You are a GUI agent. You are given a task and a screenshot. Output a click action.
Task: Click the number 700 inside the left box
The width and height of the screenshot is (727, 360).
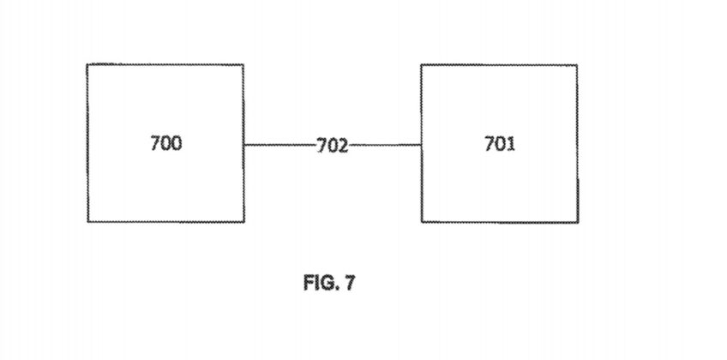pyautogui.click(x=166, y=143)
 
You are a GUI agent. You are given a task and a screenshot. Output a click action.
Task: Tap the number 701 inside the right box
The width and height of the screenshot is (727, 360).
pyautogui.click(x=500, y=143)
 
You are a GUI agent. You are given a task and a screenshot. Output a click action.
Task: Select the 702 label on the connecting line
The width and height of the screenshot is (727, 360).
pyautogui.click(x=332, y=146)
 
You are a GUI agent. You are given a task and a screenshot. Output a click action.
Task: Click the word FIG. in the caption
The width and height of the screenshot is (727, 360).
pyautogui.click(x=319, y=284)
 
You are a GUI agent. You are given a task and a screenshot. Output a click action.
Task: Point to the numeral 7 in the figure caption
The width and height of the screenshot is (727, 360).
pyautogui.click(x=349, y=284)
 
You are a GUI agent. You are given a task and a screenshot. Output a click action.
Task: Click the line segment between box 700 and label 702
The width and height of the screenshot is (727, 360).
pyautogui.click(x=279, y=145)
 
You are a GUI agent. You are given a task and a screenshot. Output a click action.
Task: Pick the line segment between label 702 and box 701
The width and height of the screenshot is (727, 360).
pyautogui.click(x=385, y=145)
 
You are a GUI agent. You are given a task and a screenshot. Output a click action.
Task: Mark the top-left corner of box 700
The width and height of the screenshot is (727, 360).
pyautogui.click(x=87, y=64)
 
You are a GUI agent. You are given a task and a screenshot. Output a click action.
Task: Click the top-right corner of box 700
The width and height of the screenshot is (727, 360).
pyautogui.click(x=243, y=64)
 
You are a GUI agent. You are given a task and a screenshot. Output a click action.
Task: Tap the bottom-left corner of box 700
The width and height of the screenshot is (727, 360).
pyautogui.click(x=87, y=222)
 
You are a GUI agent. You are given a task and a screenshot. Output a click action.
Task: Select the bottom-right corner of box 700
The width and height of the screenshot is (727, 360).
pyautogui.click(x=243, y=222)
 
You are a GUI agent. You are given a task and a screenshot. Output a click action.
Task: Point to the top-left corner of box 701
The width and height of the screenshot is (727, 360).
pyautogui.click(x=421, y=64)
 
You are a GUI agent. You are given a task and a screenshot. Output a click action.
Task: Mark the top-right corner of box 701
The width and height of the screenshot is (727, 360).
pyautogui.click(x=577, y=65)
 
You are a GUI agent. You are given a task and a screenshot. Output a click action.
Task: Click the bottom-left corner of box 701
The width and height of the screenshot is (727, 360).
pyautogui.click(x=421, y=222)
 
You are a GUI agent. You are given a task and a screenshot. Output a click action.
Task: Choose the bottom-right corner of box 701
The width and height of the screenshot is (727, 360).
pyautogui.click(x=577, y=223)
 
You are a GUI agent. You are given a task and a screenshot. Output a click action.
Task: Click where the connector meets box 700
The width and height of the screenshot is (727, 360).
pyautogui.click(x=243, y=145)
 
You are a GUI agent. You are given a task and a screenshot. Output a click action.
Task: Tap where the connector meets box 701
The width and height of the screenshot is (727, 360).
pyautogui.click(x=421, y=145)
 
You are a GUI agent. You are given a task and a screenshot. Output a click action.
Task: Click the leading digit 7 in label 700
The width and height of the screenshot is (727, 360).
pyautogui.click(x=155, y=143)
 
